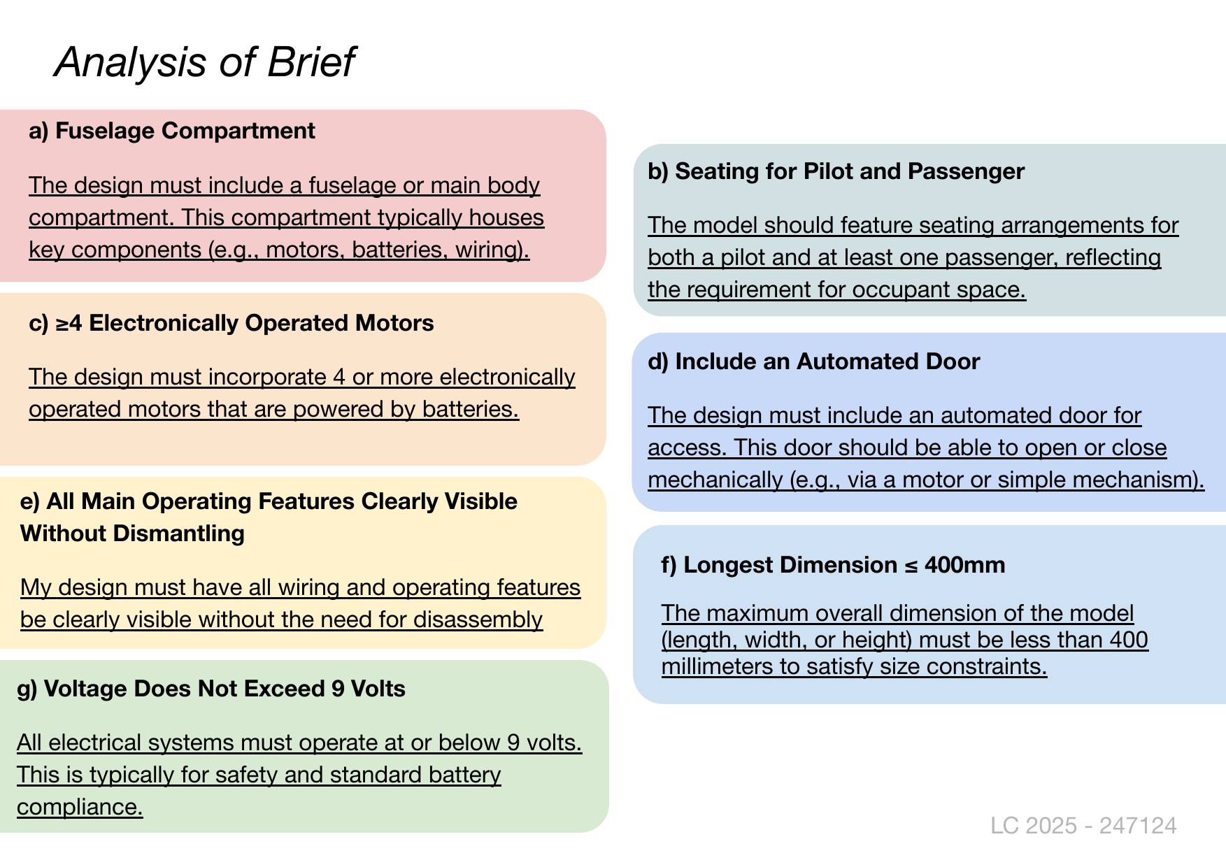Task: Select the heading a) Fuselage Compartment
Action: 172,131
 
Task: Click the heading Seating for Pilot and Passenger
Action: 850,171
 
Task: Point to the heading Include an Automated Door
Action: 827,361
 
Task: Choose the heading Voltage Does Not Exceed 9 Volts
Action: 224,689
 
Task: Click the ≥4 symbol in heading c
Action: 69,323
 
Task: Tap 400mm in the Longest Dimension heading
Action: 964,565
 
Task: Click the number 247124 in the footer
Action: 1138,826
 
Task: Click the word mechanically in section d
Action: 715,480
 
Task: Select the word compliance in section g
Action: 80,808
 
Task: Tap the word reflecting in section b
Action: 1113,258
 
